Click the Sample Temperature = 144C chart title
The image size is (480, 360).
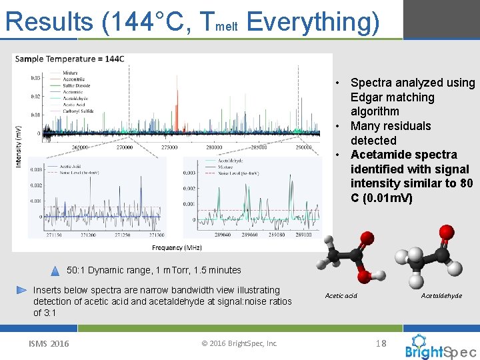[x=69, y=59]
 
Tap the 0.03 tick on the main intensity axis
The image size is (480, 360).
[x=35, y=77]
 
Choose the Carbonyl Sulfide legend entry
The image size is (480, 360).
[x=77, y=111]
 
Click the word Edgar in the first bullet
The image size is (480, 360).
[x=366, y=97]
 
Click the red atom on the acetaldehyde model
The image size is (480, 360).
[x=447, y=233]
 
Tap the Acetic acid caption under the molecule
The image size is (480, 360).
[x=341, y=295]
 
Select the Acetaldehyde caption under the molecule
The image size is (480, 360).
[x=441, y=295]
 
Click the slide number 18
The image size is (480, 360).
[x=381, y=343]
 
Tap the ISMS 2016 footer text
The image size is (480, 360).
[x=48, y=343]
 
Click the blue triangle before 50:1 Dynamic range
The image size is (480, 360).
[x=55, y=271]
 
